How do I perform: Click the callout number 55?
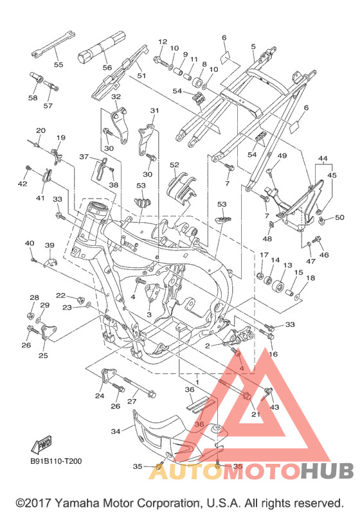pyautogui.click(x=59, y=64)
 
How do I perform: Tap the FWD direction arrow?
pyautogui.click(x=41, y=445)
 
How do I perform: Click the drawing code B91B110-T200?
pyautogui.click(x=56, y=461)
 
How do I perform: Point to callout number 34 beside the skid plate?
pyautogui.click(x=116, y=431)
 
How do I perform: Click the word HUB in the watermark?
pyautogui.click(x=327, y=470)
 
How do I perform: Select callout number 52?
pyautogui.click(x=174, y=164)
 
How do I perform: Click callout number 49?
pyautogui.click(x=282, y=155)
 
